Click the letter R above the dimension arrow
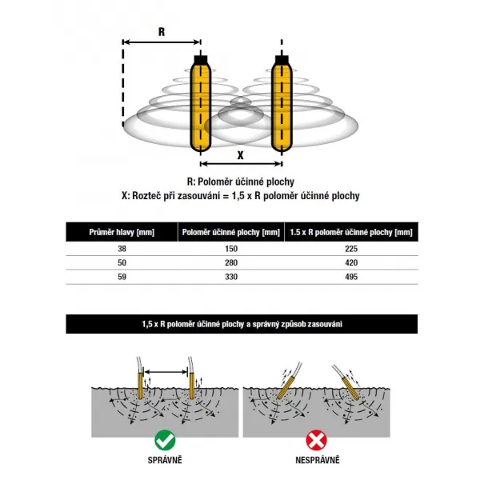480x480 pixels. [x=162, y=32]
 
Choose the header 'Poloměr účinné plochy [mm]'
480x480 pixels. [x=231, y=232]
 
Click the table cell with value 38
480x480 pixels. [x=122, y=249]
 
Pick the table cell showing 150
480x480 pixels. [x=230, y=249]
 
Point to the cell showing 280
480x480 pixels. [x=230, y=263]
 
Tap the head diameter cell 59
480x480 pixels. [x=122, y=278]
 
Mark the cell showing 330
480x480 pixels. [x=230, y=278]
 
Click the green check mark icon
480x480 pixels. [x=165, y=439]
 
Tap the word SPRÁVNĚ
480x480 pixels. [x=165, y=461]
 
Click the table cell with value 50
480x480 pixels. [x=122, y=263]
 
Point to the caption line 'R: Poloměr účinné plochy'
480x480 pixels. [x=240, y=182]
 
